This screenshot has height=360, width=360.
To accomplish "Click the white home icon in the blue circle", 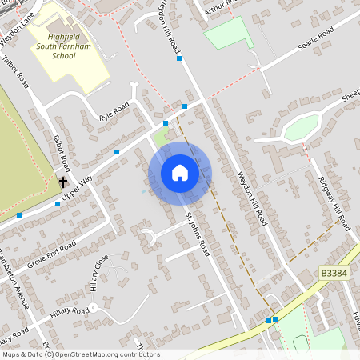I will point(180,173).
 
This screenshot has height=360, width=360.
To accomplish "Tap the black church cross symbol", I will point(63,182).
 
